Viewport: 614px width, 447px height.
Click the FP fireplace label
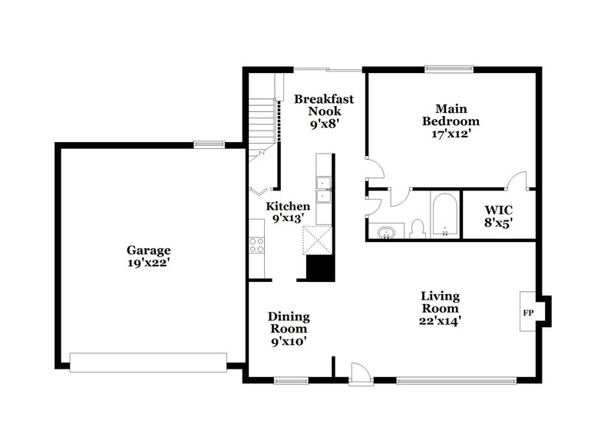[x=528, y=313]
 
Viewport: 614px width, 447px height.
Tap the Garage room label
[x=149, y=250]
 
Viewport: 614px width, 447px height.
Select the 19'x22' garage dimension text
[x=149, y=263]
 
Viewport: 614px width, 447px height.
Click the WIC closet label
[x=498, y=209]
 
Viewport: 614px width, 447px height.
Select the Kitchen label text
[x=288, y=206]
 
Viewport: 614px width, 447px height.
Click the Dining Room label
[x=289, y=323]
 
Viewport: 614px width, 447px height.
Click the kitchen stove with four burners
[x=257, y=245]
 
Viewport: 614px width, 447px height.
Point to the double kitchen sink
[x=325, y=189]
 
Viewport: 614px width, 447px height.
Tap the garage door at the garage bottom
[x=148, y=362]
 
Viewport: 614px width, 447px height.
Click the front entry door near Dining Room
[x=358, y=373]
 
